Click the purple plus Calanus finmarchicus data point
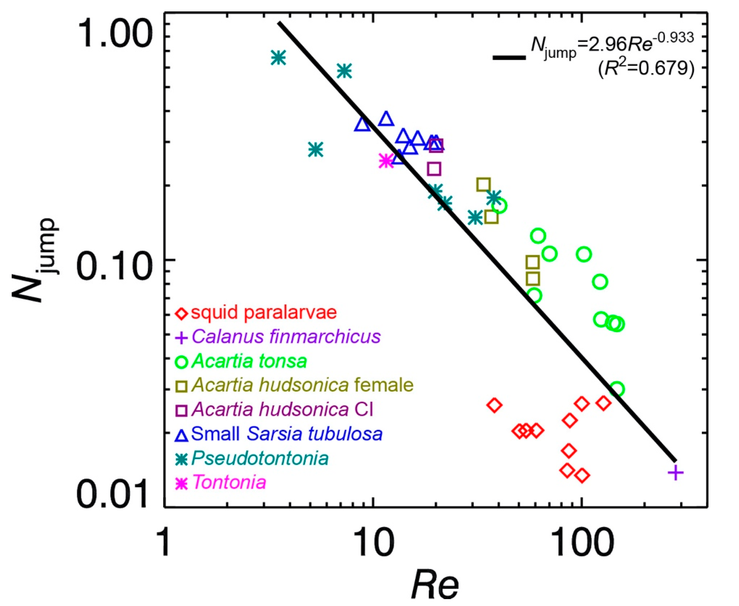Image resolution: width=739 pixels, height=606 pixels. (x=675, y=473)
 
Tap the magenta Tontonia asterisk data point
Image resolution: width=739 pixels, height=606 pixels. (x=386, y=161)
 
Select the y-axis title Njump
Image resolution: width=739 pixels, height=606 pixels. (x=35, y=260)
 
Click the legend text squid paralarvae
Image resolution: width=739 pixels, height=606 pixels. (x=264, y=312)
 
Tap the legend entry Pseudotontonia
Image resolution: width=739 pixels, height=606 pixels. (x=260, y=458)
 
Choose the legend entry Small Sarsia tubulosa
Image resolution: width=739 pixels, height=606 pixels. (x=286, y=434)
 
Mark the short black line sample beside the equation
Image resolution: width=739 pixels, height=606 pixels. (x=509, y=58)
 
